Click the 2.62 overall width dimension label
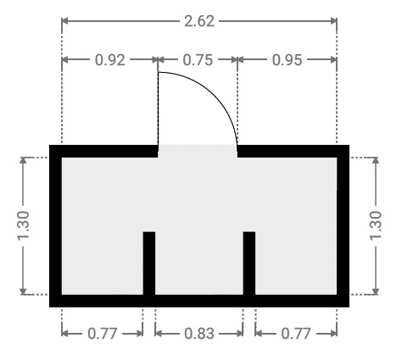point(199,21)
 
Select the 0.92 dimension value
point(110,60)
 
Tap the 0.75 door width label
point(198,60)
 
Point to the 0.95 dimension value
point(287,60)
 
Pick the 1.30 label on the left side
point(23,226)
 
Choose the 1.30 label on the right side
point(376,226)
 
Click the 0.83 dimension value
point(199,334)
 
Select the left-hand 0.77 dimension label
point(102,334)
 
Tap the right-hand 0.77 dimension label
point(296,334)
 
